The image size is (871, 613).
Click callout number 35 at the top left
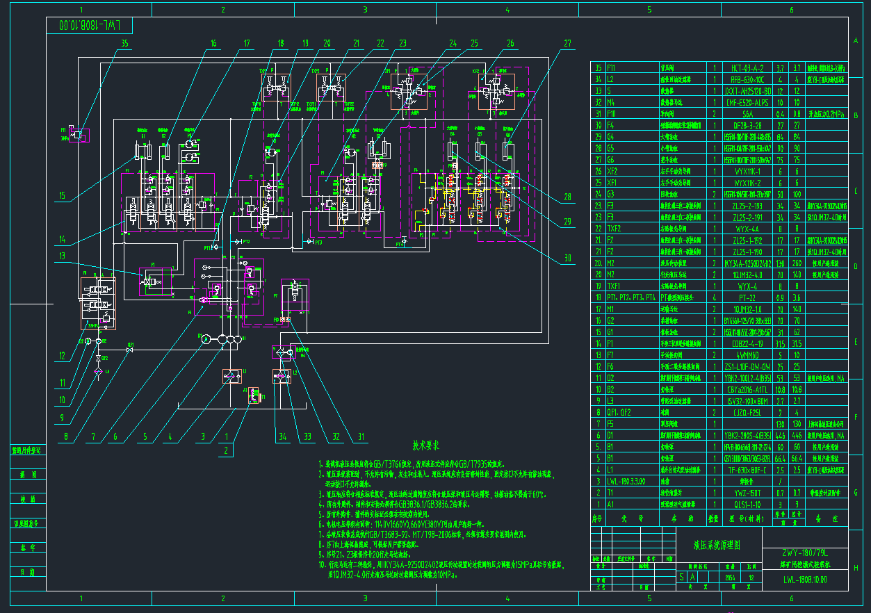click(x=125, y=43)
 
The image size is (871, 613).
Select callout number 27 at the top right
click(x=568, y=43)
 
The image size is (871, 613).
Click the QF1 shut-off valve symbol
click(x=130, y=349)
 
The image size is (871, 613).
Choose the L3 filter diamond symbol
click(x=98, y=373)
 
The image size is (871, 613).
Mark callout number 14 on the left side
click(x=63, y=240)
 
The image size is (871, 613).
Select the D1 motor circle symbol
click(x=205, y=338)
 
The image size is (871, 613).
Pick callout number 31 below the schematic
click(x=361, y=437)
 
